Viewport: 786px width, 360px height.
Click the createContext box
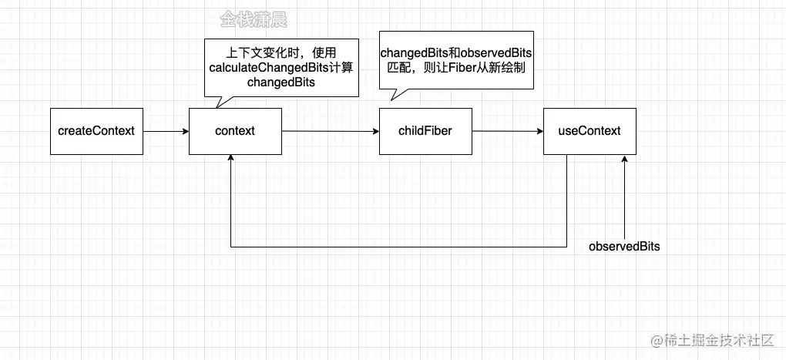click(x=96, y=131)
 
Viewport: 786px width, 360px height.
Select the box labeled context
click(x=235, y=131)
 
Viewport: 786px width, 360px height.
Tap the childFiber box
click(x=425, y=131)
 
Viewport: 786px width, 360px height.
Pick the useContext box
click(x=589, y=131)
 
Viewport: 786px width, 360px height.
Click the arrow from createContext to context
click(x=165, y=131)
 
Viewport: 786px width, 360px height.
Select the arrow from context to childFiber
click(x=330, y=131)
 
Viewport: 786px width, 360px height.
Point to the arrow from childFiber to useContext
click(x=507, y=131)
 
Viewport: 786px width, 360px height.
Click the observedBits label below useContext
click(x=624, y=247)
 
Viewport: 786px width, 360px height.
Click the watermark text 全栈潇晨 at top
click(x=254, y=20)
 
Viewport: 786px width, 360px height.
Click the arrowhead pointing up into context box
click(x=231, y=158)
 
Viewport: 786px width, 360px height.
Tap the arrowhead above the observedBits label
click(x=626, y=159)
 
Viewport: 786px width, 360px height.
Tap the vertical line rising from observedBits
click(x=626, y=200)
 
